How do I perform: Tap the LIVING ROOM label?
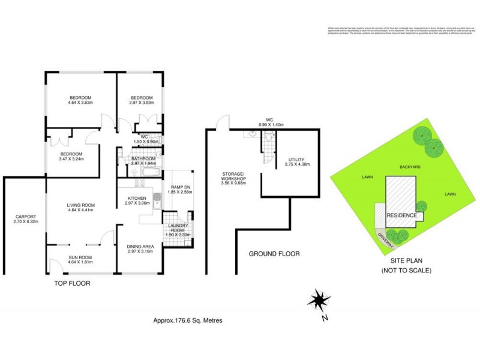81,206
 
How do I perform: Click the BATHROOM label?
144,158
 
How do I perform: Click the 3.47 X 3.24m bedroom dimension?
71,159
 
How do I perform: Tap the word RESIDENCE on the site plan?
401,215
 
